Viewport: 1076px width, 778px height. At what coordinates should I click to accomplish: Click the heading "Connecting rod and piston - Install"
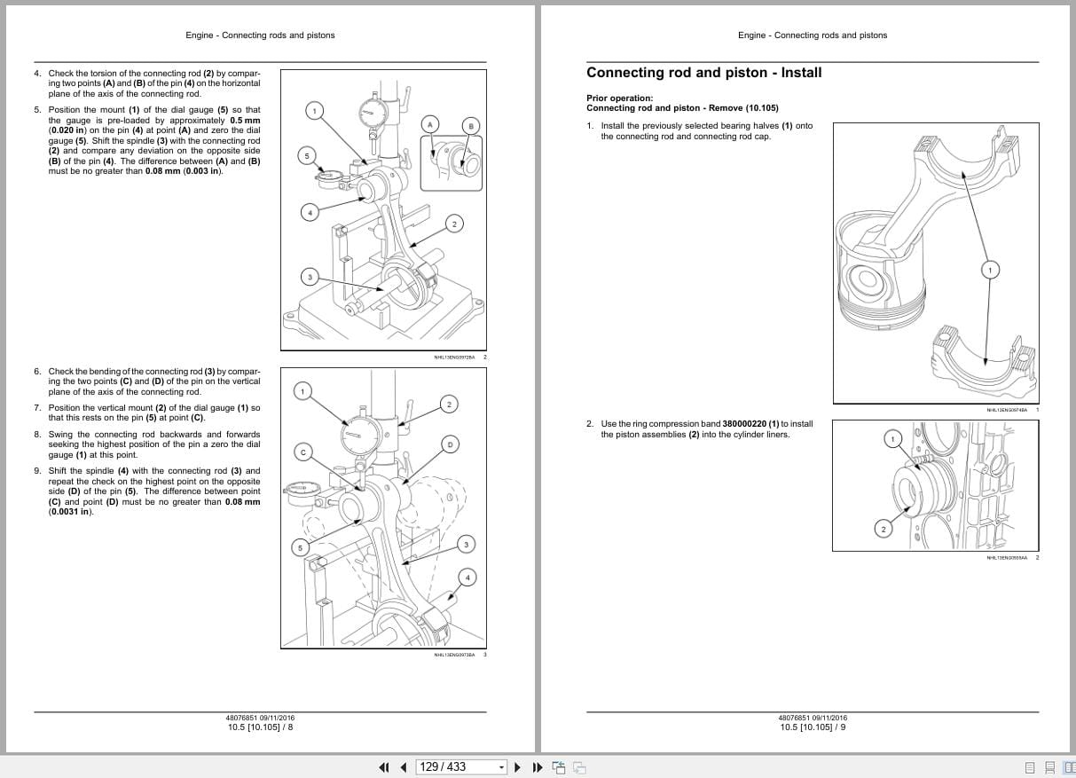[x=703, y=73]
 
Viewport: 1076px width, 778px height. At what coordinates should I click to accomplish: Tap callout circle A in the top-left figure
[x=430, y=124]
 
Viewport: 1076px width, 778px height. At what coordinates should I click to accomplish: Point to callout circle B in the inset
[x=471, y=126]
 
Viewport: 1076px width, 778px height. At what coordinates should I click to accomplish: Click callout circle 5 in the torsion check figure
[x=307, y=156]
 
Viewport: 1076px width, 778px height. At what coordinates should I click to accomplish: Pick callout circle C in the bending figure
[x=302, y=452]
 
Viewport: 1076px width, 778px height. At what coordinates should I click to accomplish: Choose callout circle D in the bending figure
[x=450, y=444]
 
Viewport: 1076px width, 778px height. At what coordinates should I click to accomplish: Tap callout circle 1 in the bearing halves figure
[x=990, y=269]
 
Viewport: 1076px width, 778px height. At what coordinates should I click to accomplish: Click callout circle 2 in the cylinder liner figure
[x=883, y=530]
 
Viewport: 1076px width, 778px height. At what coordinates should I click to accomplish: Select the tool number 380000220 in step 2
[x=744, y=424]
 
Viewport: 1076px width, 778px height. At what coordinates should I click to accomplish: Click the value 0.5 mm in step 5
[x=245, y=121]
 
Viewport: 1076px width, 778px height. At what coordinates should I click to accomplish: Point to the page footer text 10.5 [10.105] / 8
[x=260, y=727]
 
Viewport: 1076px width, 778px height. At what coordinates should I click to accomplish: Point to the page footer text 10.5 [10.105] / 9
[x=813, y=727]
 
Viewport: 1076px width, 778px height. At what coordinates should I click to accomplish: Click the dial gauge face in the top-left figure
[x=373, y=110]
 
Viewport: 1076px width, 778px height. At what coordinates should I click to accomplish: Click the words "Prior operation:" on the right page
[x=619, y=98]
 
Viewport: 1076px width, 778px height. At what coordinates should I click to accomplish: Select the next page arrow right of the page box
[x=517, y=767]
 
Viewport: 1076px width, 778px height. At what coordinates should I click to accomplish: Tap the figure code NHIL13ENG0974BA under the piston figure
[x=1006, y=410]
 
